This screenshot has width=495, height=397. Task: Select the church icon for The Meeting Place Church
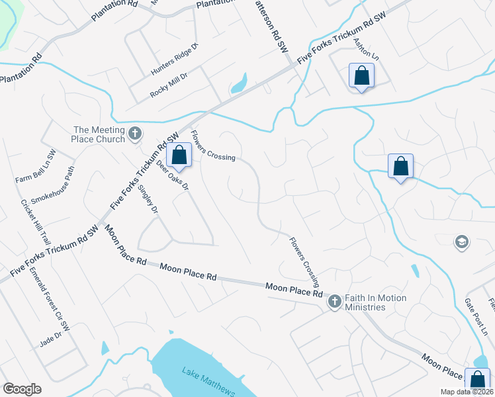coord(134,134)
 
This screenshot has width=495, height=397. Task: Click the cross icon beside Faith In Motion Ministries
coord(334,302)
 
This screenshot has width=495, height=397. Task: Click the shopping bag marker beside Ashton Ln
coord(361,75)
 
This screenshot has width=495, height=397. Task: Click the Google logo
coord(22,389)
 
